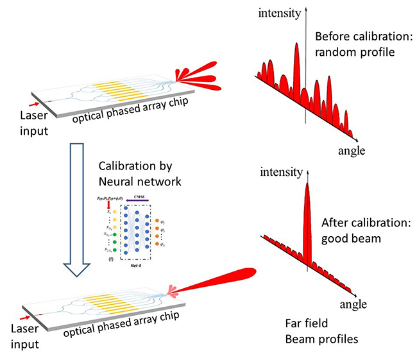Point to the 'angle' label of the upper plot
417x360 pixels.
[x=351, y=151]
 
